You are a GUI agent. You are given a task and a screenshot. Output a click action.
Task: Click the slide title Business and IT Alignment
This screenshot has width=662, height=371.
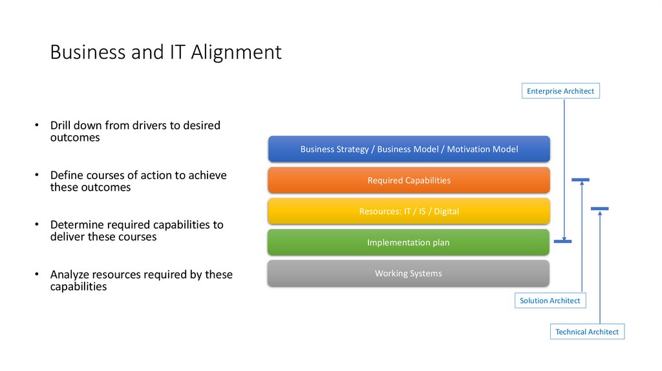165,52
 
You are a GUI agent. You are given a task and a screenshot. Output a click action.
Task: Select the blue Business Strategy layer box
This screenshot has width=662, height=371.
409,149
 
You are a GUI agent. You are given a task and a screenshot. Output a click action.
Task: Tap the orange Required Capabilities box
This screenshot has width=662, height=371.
409,180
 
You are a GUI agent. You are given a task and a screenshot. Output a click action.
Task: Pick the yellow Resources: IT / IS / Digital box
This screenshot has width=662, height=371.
409,211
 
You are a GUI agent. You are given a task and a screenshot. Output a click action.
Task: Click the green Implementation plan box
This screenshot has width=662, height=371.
409,242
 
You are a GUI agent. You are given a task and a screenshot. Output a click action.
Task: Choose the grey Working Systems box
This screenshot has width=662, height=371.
409,273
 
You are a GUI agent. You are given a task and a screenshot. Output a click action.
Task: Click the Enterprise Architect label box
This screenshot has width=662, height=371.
560,91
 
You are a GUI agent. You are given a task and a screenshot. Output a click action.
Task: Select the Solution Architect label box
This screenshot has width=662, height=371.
550,301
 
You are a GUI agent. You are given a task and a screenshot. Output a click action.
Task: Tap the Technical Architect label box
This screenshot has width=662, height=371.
587,332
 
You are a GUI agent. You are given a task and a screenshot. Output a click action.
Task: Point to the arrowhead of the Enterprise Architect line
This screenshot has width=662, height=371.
564,237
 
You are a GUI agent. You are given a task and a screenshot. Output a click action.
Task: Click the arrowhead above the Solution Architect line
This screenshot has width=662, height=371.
582,184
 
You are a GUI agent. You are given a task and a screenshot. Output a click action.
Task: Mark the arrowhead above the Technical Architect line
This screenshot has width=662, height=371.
600,213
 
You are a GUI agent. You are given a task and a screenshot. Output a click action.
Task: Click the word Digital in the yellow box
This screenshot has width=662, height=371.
446,211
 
